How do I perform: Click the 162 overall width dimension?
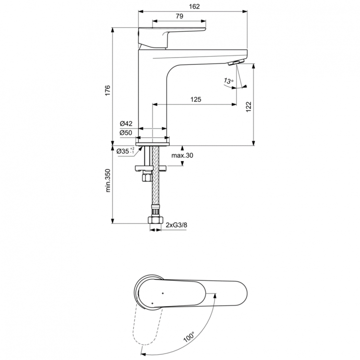[194, 6]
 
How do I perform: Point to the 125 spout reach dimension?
[195, 99]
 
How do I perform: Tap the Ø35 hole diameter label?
[126, 152]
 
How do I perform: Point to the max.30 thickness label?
[182, 156]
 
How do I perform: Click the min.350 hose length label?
[108, 180]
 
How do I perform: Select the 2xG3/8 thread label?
[176, 225]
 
